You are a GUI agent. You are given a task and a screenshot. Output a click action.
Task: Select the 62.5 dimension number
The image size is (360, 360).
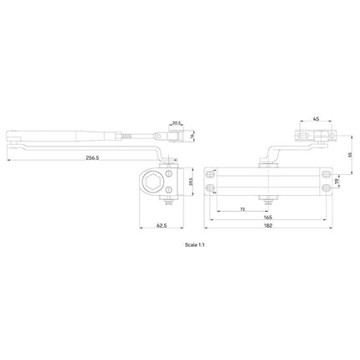click(161, 226)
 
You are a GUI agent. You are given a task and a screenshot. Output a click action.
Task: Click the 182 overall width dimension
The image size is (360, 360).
click(267, 226)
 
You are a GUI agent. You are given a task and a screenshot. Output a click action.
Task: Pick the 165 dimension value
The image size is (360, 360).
click(267, 216)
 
